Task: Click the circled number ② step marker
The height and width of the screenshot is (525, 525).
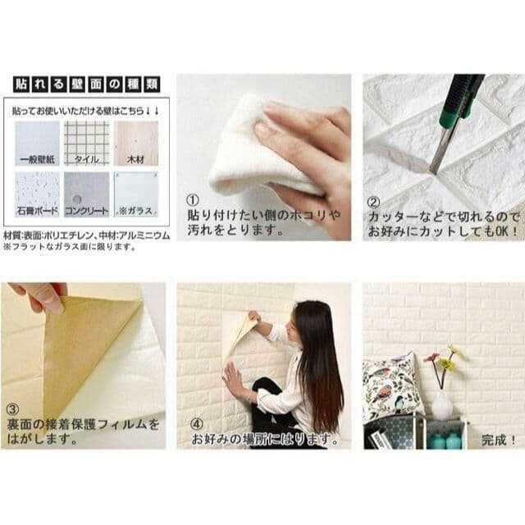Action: click(x=373, y=199)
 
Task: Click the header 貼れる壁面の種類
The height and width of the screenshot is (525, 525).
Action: click(x=86, y=84)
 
